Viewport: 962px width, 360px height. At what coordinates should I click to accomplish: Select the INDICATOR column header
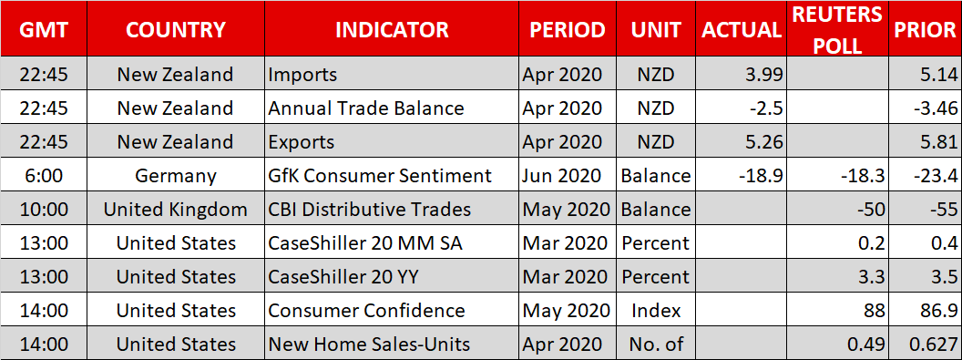[392, 29]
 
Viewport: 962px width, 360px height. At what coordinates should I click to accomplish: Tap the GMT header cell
[44, 29]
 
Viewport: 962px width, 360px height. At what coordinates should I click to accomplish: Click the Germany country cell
[176, 176]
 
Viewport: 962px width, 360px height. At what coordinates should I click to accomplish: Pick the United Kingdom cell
[176, 210]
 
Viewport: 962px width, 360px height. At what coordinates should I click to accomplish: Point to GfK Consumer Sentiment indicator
[381, 176]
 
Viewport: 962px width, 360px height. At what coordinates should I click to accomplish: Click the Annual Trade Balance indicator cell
[366, 108]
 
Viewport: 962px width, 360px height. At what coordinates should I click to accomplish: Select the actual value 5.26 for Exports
[762, 142]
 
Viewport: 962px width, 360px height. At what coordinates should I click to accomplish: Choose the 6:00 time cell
[44, 176]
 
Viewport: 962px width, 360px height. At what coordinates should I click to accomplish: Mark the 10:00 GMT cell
[44, 210]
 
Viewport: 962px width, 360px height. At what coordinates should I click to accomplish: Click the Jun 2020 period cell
[562, 176]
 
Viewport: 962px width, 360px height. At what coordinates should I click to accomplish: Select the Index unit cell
[656, 311]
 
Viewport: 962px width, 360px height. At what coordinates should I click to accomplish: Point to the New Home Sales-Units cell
[369, 345]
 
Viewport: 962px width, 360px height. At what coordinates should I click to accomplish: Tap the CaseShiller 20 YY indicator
[343, 277]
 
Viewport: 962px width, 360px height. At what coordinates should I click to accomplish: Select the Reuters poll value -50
[871, 210]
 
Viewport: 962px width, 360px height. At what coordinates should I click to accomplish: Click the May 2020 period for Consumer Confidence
[565, 311]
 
